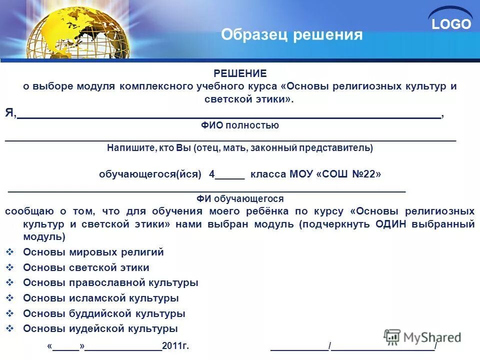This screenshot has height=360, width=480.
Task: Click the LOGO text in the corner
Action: click(451, 24)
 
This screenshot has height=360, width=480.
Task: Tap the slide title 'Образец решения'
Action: click(291, 34)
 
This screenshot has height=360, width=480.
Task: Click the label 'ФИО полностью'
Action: click(240, 125)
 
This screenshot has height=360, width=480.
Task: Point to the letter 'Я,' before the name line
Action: click(10, 113)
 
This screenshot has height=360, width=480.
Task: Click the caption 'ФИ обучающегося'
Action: click(240, 198)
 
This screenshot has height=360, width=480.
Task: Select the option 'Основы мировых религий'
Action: click(93, 252)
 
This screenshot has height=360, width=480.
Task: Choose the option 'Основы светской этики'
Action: click(86, 267)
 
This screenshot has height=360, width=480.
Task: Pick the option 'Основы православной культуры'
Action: click(110, 282)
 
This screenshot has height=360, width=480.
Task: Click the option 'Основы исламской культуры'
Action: click(100, 298)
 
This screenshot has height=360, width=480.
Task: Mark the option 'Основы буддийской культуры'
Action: click(104, 313)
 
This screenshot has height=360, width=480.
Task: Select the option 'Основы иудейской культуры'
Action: click(100, 328)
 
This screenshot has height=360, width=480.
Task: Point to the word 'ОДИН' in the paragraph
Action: click(391, 224)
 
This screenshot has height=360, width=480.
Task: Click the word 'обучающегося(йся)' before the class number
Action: click(150, 174)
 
